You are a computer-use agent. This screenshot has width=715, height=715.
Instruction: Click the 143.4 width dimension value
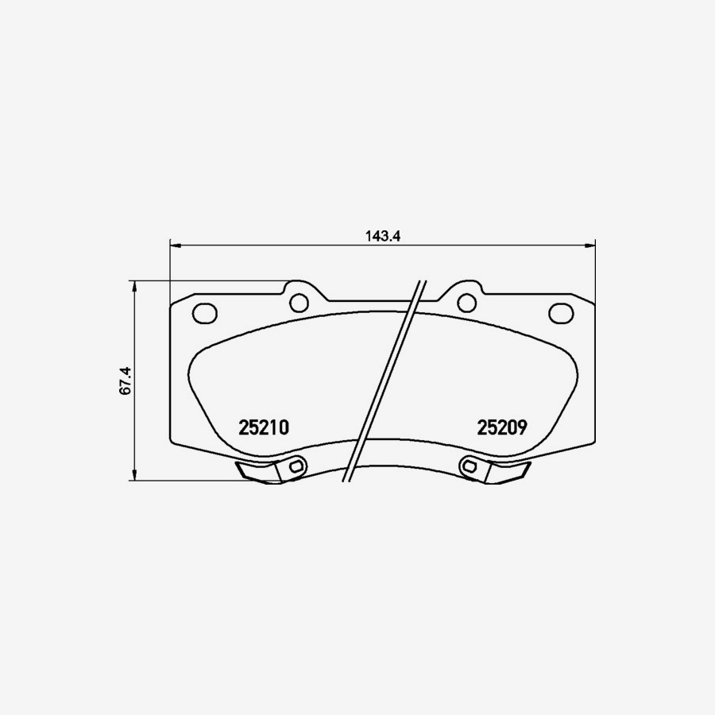click(x=381, y=235)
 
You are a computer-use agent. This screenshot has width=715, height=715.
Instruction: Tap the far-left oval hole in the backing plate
click(x=205, y=313)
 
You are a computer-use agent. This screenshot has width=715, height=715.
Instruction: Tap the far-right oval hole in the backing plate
click(x=561, y=313)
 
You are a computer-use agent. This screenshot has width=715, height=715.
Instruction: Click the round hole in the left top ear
click(x=299, y=303)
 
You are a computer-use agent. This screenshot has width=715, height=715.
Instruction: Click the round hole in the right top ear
click(x=466, y=303)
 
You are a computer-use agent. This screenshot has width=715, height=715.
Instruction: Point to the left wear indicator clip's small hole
click(x=296, y=467)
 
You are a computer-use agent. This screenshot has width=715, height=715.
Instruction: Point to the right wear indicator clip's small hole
click(x=470, y=467)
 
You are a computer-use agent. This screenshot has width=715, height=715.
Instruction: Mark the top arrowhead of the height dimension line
click(x=134, y=285)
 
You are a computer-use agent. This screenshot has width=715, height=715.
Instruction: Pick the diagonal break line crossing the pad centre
click(x=385, y=381)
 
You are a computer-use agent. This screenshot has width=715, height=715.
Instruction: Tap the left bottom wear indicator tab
click(x=258, y=472)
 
